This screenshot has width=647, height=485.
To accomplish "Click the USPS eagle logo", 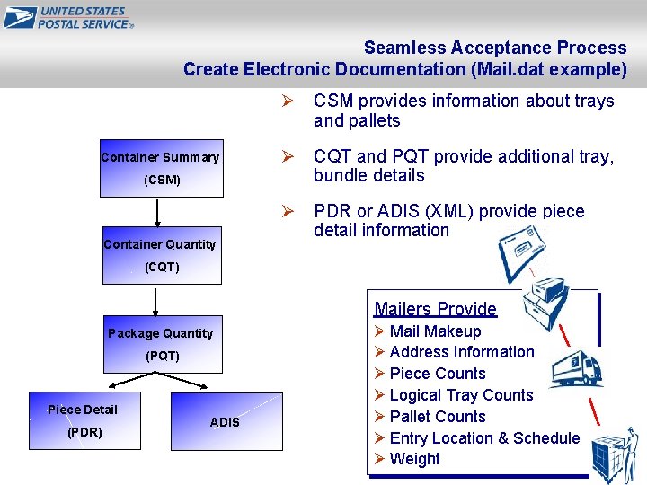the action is pos(20,17).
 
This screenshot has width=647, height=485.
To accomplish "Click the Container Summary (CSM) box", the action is pos(160,168).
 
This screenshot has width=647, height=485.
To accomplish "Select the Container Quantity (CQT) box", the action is pos(160,255).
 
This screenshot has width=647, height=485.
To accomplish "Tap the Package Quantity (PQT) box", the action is pos(161,344).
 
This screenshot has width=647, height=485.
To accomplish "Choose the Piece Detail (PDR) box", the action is pos(83,420).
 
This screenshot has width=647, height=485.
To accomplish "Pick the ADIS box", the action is pos(226,421).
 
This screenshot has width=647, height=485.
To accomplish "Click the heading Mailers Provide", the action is pos(435,309).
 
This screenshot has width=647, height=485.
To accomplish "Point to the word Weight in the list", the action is pos(415,459).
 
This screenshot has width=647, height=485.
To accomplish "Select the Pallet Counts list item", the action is pos(438,417).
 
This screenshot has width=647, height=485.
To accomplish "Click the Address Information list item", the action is pos(462,352).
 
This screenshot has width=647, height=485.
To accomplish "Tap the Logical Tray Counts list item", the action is pos(461,395).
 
